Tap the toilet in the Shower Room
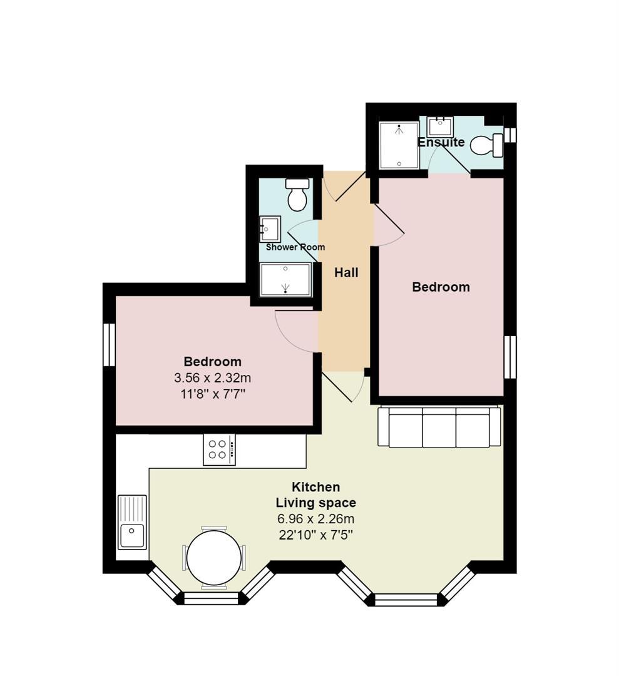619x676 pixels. (297, 195)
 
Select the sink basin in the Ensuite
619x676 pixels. (440, 126)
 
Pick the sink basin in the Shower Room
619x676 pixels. (270, 229)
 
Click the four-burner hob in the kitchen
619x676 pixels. (220, 449)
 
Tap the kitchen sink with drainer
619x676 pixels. (132, 521)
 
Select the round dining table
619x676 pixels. (214, 558)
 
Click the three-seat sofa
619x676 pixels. (439, 427)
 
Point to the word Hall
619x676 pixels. (346, 272)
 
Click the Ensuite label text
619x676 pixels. (441, 142)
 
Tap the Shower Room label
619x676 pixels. (295, 247)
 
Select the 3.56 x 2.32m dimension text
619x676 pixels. (213, 378)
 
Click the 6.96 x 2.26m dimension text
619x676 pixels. (316, 519)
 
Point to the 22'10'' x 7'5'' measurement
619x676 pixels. (316, 535)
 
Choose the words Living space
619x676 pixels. (316, 503)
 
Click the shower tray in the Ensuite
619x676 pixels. (399, 146)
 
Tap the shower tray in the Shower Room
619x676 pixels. (285, 279)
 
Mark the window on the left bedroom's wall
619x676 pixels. (109, 344)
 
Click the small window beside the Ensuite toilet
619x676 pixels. (510, 135)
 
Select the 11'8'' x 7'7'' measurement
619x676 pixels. (213, 394)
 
